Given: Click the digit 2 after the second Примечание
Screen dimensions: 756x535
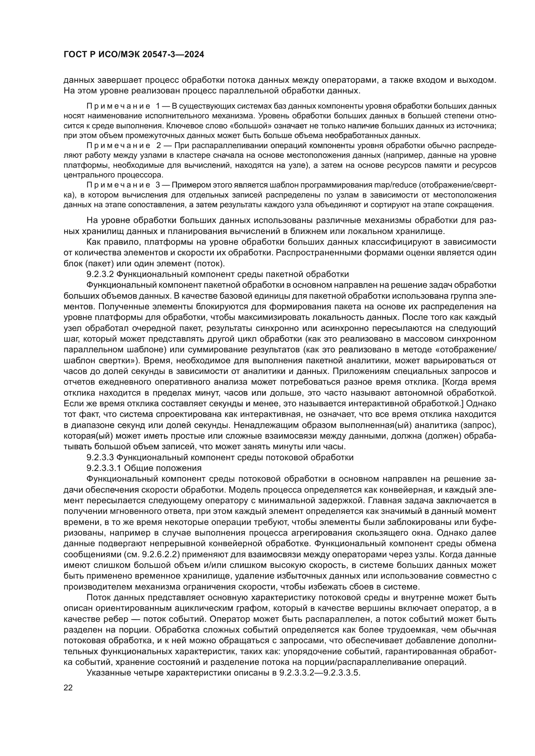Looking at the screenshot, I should click(x=158, y=145).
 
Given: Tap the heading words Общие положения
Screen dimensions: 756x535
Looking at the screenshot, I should click(x=163, y=468).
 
